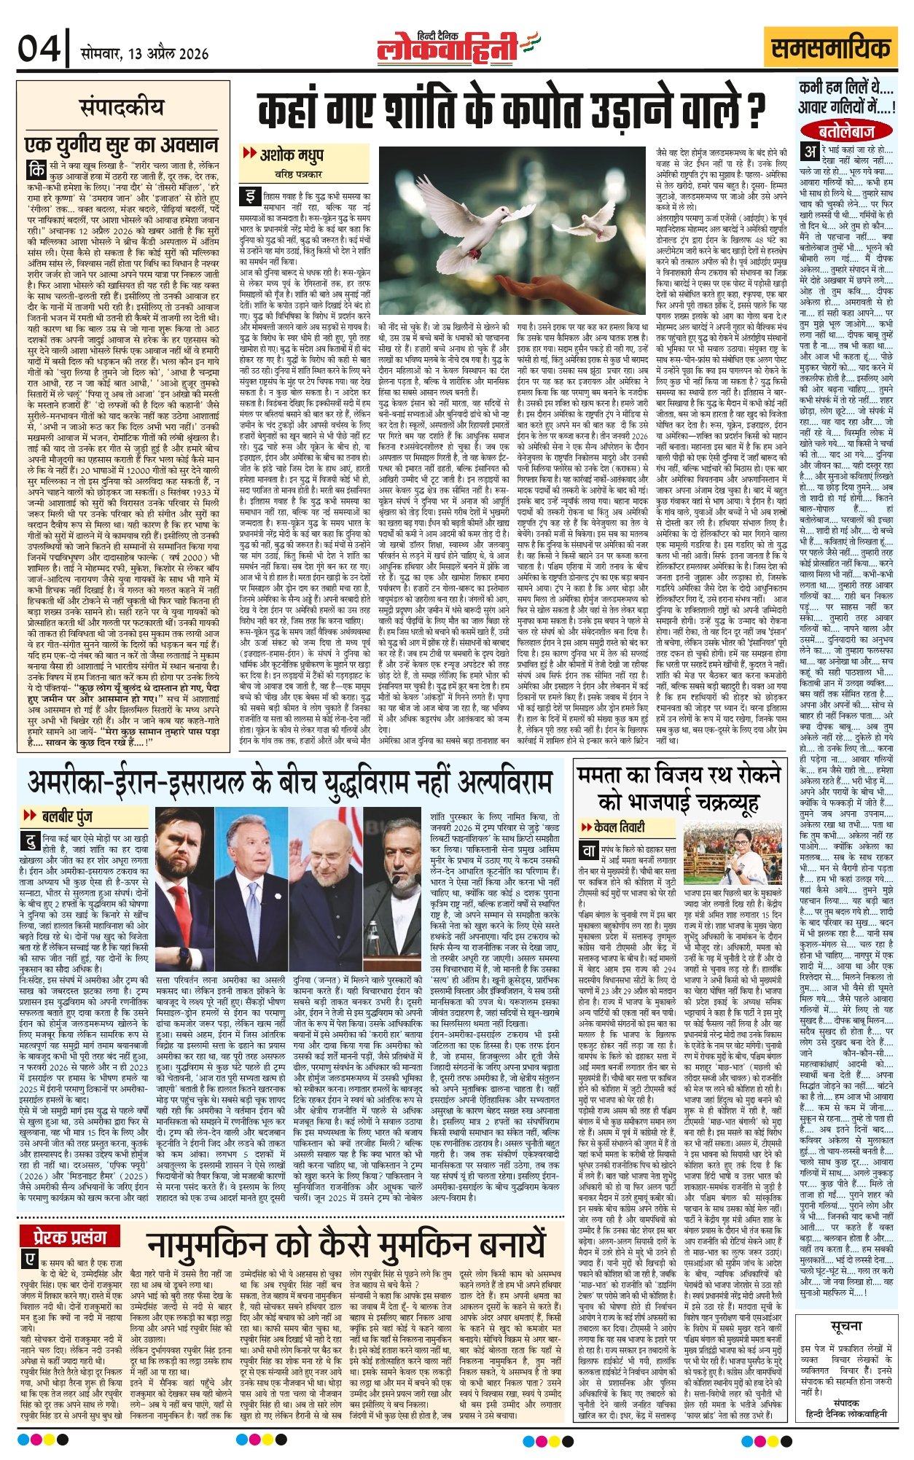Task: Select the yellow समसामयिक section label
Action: click(832, 49)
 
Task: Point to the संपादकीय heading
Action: click(122, 107)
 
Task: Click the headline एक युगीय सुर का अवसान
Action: click(122, 142)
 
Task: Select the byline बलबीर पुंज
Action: click(66, 816)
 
